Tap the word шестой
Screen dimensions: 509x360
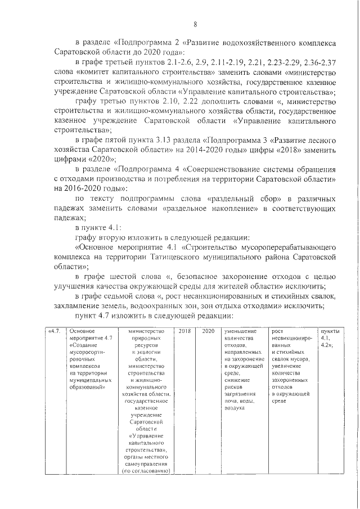click(x=128, y=277)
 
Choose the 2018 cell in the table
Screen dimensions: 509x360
click(x=184, y=331)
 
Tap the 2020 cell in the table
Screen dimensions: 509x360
click(x=208, y=331)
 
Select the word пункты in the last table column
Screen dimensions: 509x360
click(x=329, y=331)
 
